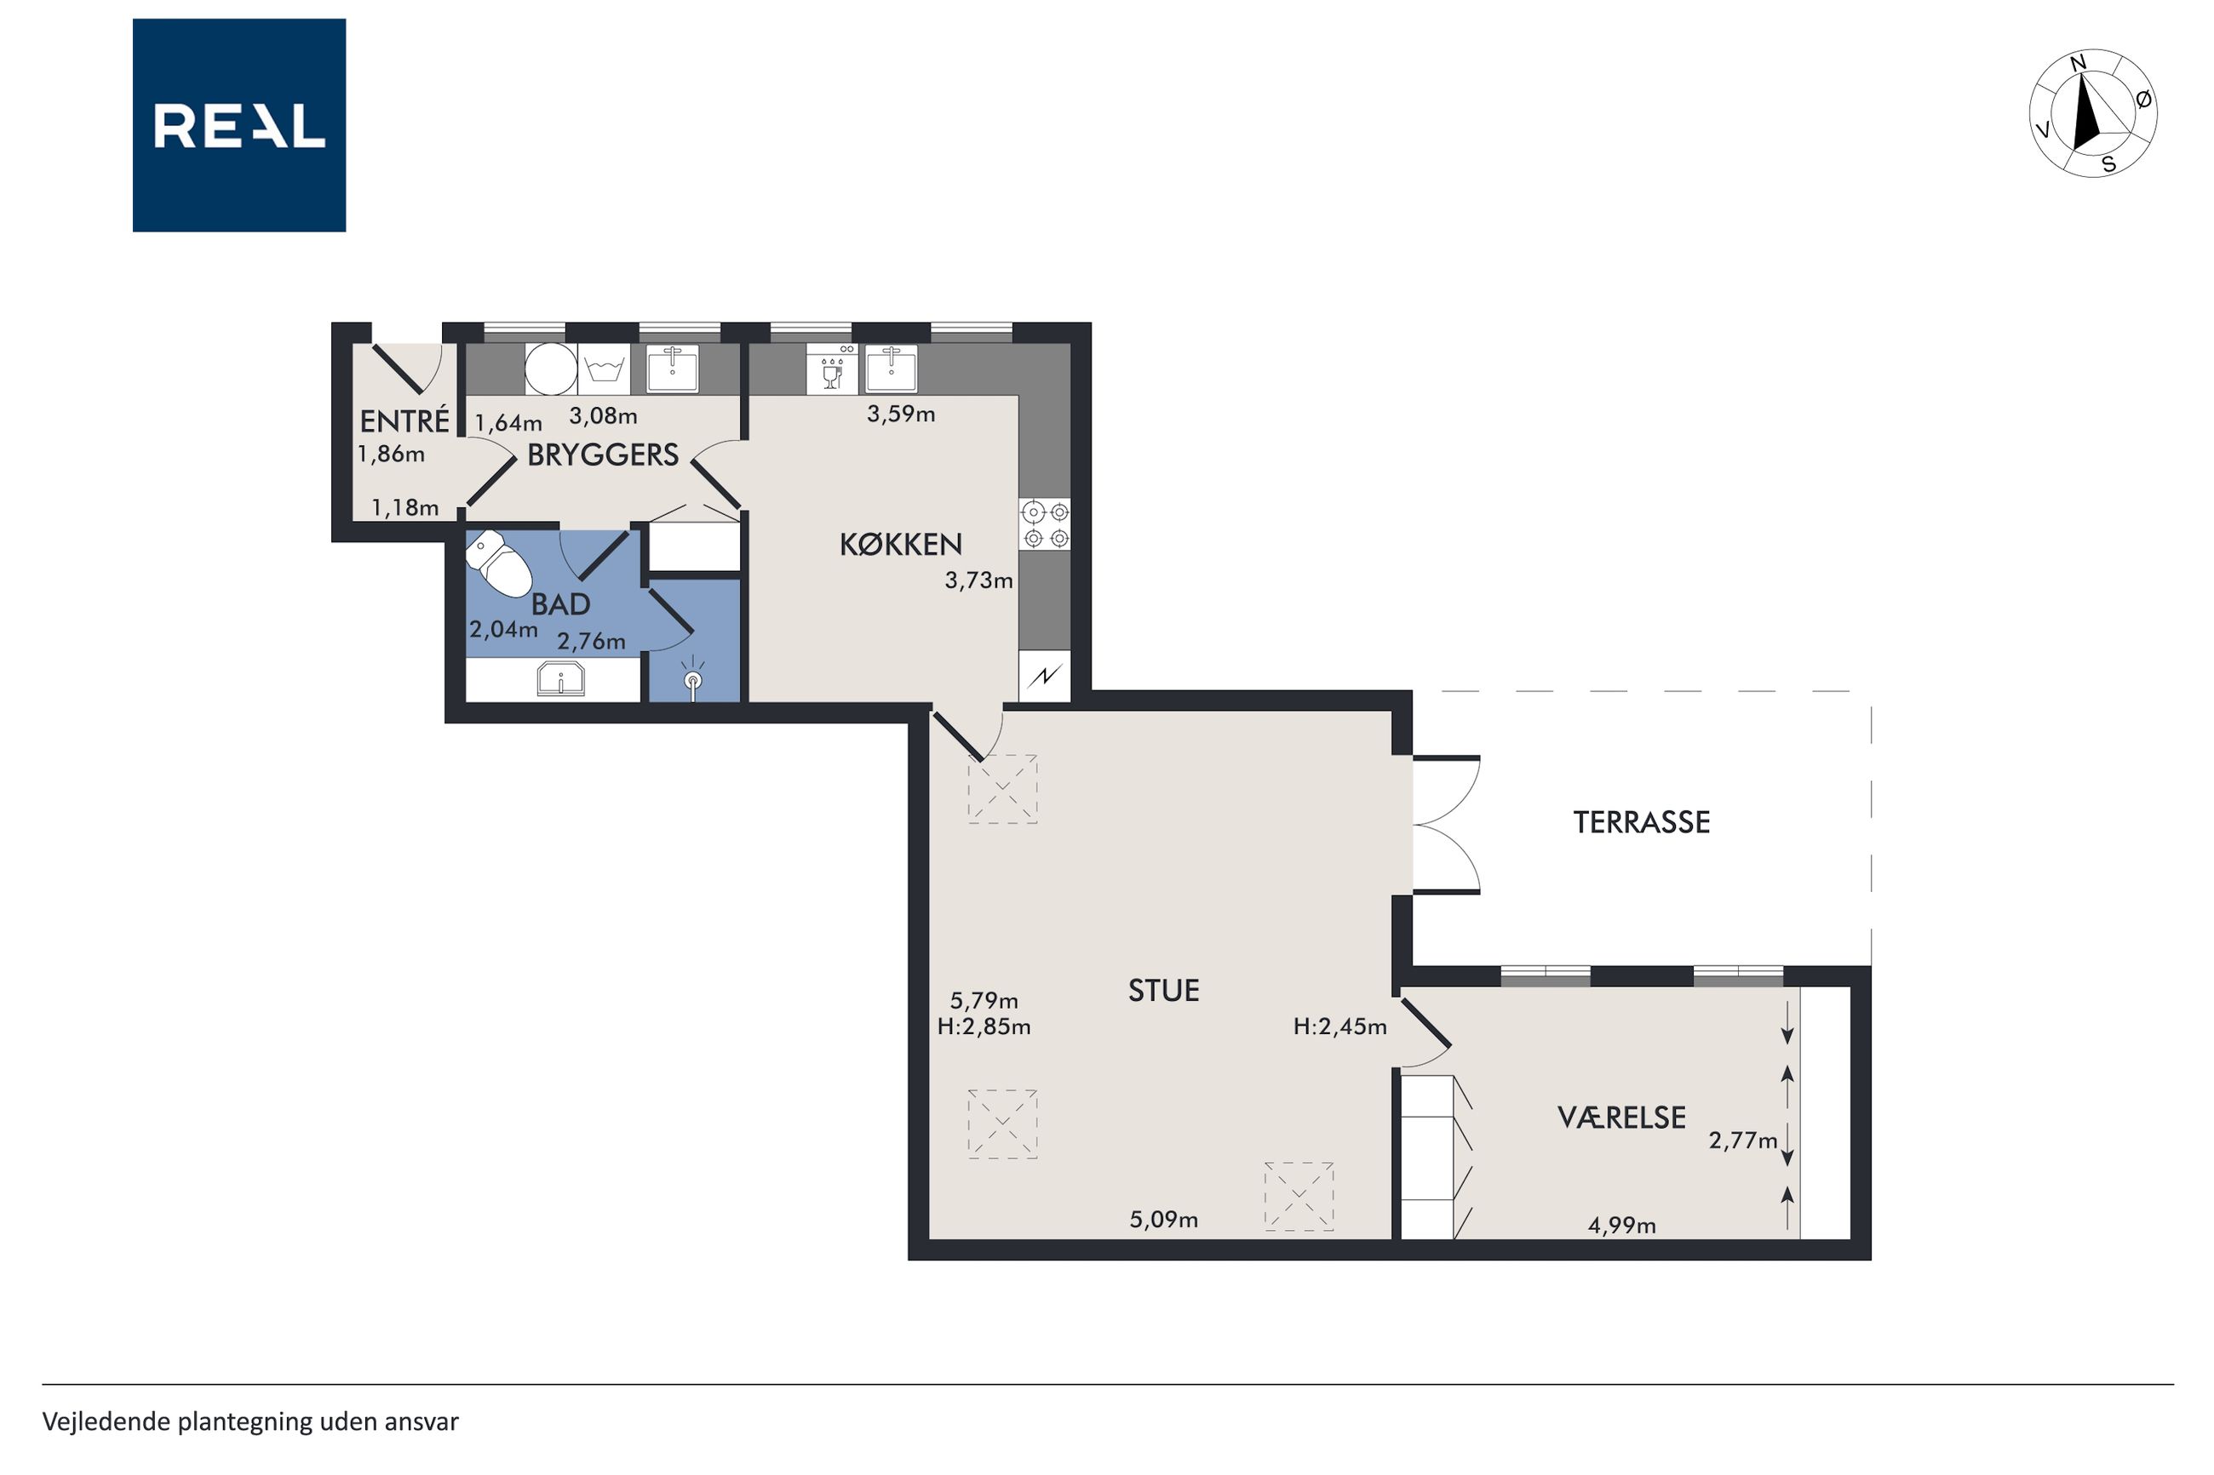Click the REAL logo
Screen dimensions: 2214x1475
tap(239, 125)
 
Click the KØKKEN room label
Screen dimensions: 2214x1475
tap(900, 544)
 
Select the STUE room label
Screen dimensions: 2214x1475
tap(1163, 991)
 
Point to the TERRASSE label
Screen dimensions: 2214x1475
tap(1641, 822)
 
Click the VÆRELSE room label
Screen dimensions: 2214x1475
tap(1621, 1118)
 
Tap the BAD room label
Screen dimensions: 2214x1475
tap(561, 604)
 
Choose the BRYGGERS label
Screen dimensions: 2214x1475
tap(602, 455)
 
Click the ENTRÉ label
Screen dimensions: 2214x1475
tap(404, 420)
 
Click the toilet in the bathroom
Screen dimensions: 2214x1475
tap(500, 563)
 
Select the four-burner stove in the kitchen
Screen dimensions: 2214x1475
tap(1046, 525)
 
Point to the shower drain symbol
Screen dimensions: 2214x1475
tap(692, 679)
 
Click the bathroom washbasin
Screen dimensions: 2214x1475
tap(561, 679)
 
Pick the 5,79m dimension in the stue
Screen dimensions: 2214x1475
tap(984, 1001)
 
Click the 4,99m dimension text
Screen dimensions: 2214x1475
tap(1621, 1225)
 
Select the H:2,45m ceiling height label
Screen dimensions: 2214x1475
tap(1339, 1026)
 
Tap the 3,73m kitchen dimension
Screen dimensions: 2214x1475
tap(978, 580)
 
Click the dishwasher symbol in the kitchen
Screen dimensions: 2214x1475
tap(832, 369)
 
